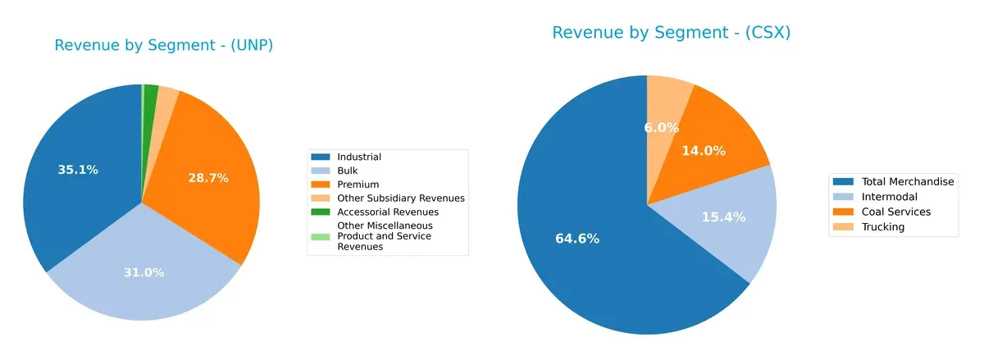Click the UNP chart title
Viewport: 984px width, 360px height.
click(x=163, y=46)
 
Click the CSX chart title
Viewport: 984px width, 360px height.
click(x=671, y=33)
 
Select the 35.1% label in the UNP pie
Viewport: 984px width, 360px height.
click(x=78, y=170)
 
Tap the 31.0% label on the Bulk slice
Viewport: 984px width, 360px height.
click(x=144, y=272)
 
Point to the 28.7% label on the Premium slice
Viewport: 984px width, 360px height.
click(x=208, y=178)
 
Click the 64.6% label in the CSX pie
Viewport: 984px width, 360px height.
click(x=578, y=239)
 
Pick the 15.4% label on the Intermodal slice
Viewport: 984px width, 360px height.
click(x=722, y=216)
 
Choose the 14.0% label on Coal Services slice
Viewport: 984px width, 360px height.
click(x=704, y=151)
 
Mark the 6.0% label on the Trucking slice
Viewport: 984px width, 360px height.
click(x=661, y=128)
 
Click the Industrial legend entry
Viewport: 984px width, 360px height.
click(x=359, y=157)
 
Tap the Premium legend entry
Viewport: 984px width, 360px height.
click(x=357, y=185)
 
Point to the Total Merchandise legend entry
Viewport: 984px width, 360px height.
click(x=905, y=181)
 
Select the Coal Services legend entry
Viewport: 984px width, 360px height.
click(x=895, y=212)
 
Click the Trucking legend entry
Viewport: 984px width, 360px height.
click(x=882, y=227)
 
